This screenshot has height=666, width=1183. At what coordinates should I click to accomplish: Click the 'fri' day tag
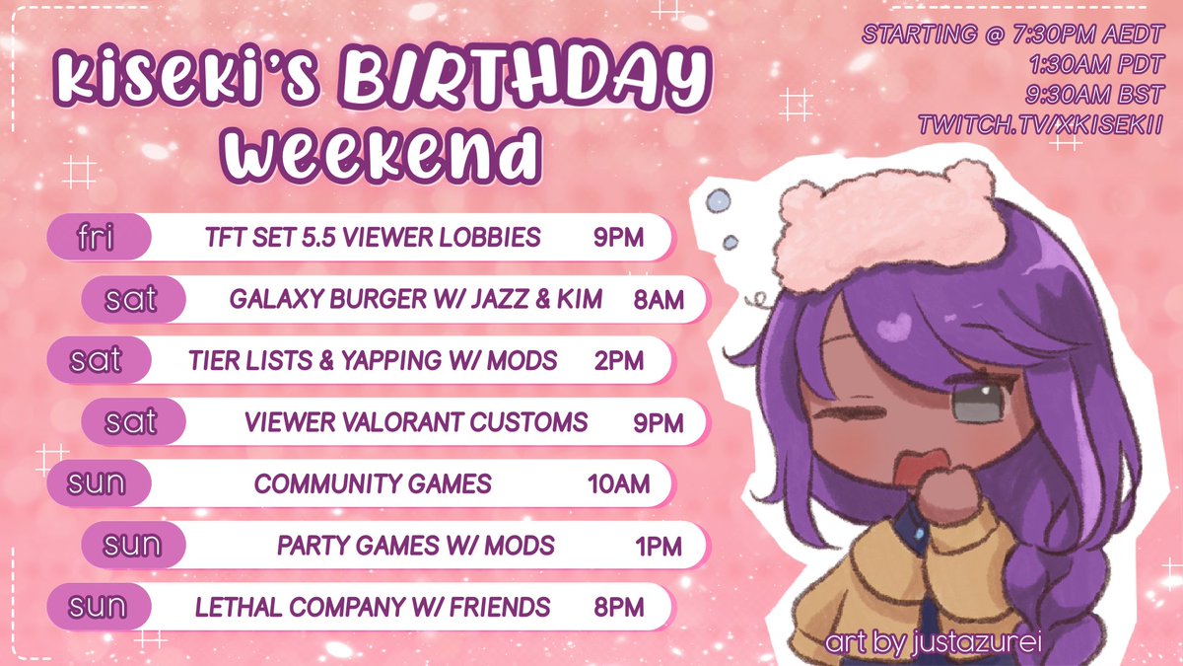coord(99,238)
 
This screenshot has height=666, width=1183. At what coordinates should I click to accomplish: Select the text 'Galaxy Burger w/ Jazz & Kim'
coord(415,299)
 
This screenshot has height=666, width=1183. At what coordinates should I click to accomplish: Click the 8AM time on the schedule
coord(660,300)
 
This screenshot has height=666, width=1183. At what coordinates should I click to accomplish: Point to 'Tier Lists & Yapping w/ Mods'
coord(373,361)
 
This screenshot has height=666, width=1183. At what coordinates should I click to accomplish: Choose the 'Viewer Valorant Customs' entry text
coord(415,423)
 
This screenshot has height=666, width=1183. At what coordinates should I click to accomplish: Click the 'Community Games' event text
coord(373,484)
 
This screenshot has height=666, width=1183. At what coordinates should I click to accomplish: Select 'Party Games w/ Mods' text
coord(415,545)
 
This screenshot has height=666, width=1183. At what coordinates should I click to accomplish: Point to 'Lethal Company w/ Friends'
coord(373,606)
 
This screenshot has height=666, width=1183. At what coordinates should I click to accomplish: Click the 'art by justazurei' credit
coord(935,643)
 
